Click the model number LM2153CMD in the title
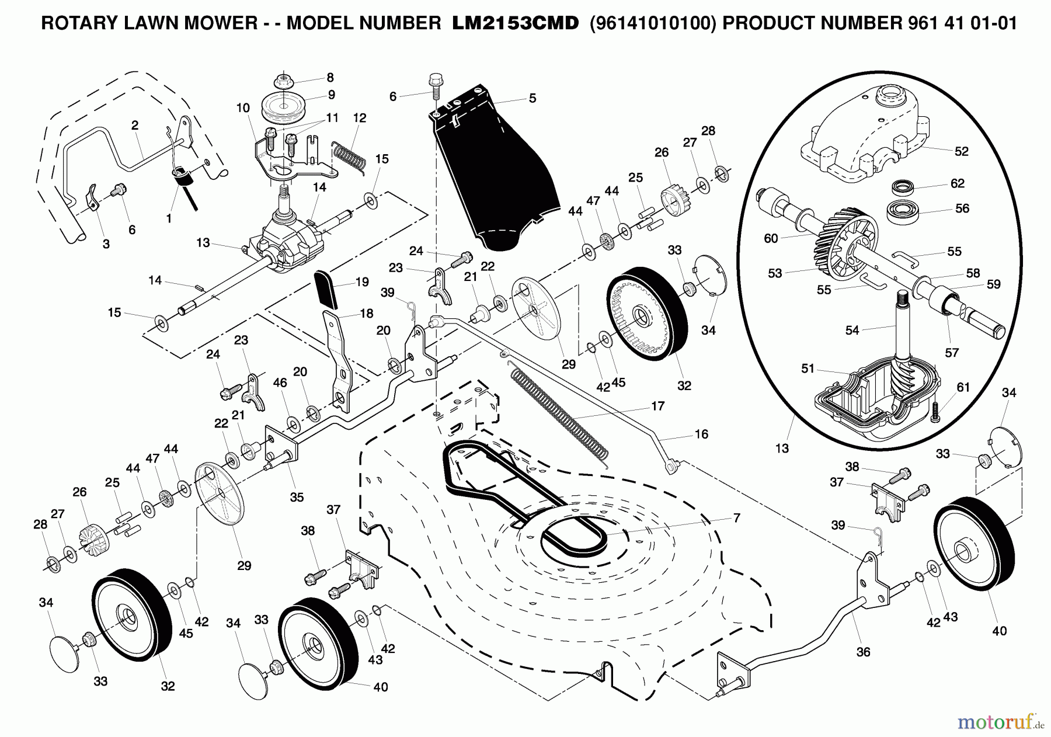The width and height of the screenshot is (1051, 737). coord(516,23)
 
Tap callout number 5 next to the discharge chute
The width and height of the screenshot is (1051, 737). coord(532,99)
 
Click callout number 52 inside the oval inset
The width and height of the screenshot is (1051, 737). coord(961,151)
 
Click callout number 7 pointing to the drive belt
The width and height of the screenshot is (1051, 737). coord(737,517)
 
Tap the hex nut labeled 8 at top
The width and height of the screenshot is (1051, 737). coord(284,79)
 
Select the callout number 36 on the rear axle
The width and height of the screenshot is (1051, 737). coord(863,652)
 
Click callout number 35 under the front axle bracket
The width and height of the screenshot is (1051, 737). coord(297,497)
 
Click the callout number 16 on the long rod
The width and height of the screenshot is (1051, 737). coord(701,434)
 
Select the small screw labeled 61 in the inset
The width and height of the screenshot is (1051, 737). coord(935,409)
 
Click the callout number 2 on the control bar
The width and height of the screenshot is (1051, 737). coord(135,125)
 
